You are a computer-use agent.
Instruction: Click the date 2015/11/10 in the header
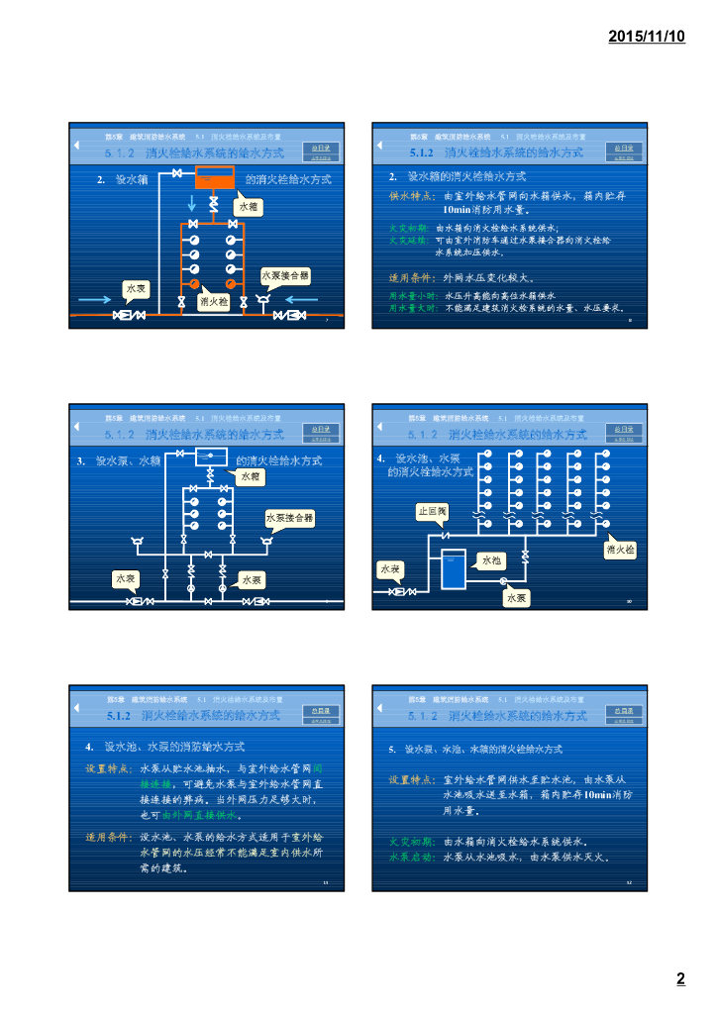click(x=646, y=36)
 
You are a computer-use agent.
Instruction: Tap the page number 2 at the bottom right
click(x=680, y=980)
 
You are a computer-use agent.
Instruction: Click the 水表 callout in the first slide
click(x=136, y=288)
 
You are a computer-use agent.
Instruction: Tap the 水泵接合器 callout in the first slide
click(x=285, y=274)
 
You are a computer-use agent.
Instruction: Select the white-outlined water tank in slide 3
click(x=211, y=456)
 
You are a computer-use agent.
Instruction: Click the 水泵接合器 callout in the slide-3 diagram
click(x=289, y=518)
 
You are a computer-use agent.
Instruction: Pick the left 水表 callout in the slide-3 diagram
click(x=126, y=578)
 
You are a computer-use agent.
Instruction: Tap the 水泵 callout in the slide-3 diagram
click(x=253, y=579)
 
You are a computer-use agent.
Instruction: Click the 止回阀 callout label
click(x=432, y=512)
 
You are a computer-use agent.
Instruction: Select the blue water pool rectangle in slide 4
click(x=453, y=568)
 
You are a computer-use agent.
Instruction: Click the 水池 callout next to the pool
click(x=491, y=561)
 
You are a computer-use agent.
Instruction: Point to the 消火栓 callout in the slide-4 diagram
click(x=620, y=548)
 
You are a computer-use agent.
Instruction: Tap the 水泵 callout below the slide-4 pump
click(x=516, y=598)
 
